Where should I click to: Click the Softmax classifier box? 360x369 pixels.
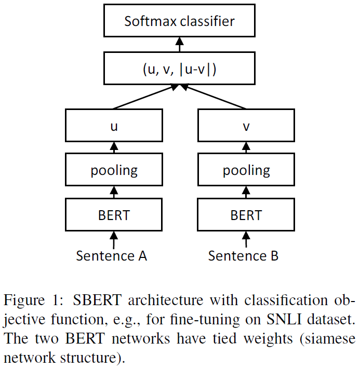click(179, 21)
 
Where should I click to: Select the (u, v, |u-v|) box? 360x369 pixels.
click(179, 70)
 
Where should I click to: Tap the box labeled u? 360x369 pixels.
click(114, 126)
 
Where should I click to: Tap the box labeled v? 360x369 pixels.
click(246, 126)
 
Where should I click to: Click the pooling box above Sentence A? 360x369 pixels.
click(114, 170)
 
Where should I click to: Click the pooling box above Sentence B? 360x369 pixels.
click(246, 170)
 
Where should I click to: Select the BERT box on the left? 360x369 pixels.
click(114, 214)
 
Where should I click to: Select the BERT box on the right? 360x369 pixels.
click(246, 214)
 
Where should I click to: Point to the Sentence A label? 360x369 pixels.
click(112, 255)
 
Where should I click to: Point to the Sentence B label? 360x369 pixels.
click(244, 255)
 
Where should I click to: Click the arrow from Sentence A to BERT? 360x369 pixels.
click(114, 239)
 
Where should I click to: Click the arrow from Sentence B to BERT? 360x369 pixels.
click(246, 239)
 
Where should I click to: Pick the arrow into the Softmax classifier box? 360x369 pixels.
click(180, 45)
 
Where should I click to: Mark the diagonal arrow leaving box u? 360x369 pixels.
click(143, 97)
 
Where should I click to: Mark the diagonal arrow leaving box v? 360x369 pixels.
click(216, 97)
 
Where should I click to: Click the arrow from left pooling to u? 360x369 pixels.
click(114, 148)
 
